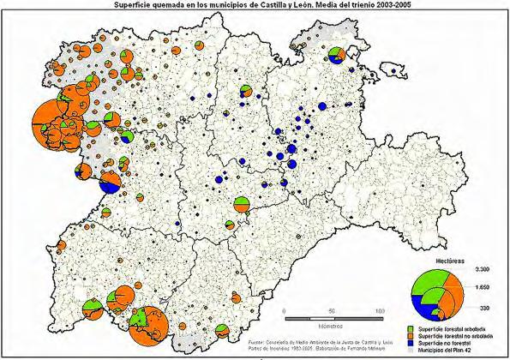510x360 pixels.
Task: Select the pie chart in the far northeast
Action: (335, 57)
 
